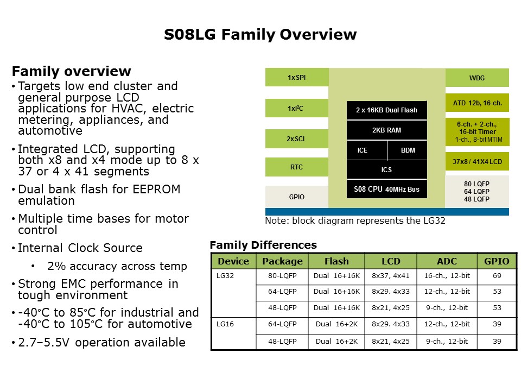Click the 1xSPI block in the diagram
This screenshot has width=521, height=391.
pos(297,77)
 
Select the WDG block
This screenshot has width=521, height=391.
pos(477,78)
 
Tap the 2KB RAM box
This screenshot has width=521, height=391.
pos(387,130)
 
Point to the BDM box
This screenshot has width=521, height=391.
pos(408,150)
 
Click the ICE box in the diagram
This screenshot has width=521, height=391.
pos(367,150)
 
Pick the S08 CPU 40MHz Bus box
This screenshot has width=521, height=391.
pos(387,189)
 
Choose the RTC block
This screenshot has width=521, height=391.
pos(297,167)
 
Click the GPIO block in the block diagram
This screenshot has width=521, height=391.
pos(297,197)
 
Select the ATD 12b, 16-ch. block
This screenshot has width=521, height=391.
pos(477,103)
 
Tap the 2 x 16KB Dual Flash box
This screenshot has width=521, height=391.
pos(387,110)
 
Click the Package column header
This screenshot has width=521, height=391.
pos(282,261)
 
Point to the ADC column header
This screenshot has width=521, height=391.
pos(447,261)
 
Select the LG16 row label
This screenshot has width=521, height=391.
pos(225,324)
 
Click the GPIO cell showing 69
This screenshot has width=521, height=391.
pos(497,276)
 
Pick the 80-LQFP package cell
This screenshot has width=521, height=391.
pos(282,276)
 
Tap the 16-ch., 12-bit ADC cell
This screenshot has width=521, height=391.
pos(447,276)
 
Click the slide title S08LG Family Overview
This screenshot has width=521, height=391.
pos(260,34)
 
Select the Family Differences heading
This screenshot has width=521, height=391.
pos(263,245)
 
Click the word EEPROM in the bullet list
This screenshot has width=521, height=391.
pos(156,189)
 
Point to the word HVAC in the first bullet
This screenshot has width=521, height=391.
pos(128,109)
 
